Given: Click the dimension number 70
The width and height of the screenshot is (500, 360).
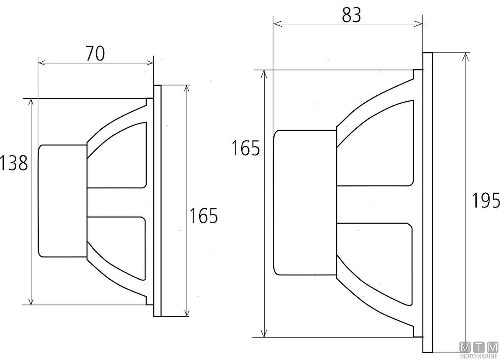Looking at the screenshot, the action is tap(95, 53).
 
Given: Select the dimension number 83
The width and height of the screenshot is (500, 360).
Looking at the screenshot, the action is tap(351, 15).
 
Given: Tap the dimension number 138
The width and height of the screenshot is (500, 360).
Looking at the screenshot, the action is tap(14, 163).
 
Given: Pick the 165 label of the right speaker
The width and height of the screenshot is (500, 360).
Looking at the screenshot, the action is tap(246, 148).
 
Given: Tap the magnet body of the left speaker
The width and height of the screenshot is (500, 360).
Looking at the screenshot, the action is tap(62, 201).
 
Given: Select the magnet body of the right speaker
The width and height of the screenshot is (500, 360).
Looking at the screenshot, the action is tap(305, 202).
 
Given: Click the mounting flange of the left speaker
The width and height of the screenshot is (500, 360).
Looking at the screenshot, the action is tap(157, 201).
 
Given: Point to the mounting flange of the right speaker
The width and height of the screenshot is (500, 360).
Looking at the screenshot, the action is tap(427, 202).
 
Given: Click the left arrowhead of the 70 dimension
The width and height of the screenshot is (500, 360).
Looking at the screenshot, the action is tap(42, 63).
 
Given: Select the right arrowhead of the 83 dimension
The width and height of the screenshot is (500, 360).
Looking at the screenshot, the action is tap(418, 23).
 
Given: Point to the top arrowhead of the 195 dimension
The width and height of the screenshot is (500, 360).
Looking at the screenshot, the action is tap(465, 57).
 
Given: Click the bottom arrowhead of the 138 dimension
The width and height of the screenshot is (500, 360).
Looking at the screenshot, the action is tap(31, 301).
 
